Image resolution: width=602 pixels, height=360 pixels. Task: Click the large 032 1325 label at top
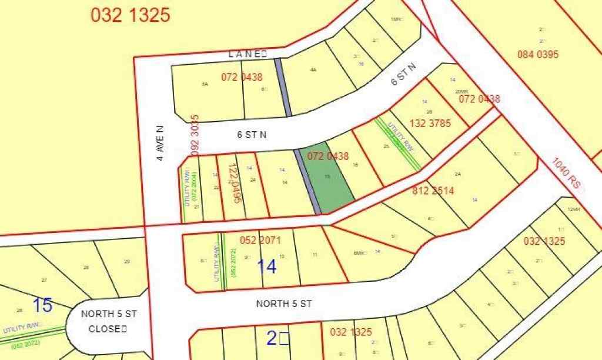131,15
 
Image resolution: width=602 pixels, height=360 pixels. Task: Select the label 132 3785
426,124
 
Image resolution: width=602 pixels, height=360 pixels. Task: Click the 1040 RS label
569,174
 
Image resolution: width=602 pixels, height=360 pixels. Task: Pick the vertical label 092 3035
196,135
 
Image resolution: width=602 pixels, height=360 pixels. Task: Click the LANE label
248,54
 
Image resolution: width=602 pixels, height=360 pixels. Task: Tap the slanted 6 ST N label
403,76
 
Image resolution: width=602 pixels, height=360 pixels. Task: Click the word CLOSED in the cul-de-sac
107,329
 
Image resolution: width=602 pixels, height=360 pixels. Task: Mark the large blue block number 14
266,266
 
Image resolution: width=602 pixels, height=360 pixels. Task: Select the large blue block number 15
42,305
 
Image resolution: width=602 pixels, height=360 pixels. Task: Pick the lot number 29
126,261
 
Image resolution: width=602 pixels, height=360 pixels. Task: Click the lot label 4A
313,70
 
